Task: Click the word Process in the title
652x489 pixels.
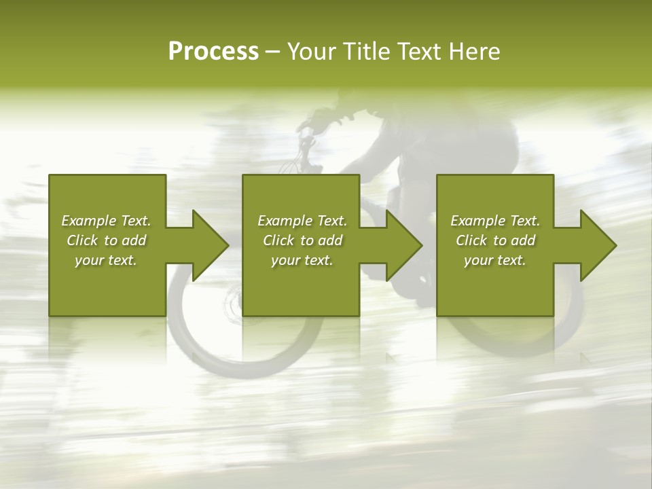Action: [x=213, y=52]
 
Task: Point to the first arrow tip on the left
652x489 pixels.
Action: [x=227, y=245]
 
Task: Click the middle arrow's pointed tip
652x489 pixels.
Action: [x=420, y=245]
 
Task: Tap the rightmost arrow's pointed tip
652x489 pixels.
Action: [x=615, y=245]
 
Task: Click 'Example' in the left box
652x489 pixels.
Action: [x=89, y=221]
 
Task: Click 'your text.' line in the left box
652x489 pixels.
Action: [x=106, y=260]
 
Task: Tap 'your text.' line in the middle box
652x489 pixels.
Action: [x=302, y=260]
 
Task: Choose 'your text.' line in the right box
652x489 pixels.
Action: [x=495, y=260]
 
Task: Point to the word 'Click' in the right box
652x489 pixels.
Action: [x=471, y=240]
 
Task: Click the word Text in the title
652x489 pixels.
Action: [x=418, y=52]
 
